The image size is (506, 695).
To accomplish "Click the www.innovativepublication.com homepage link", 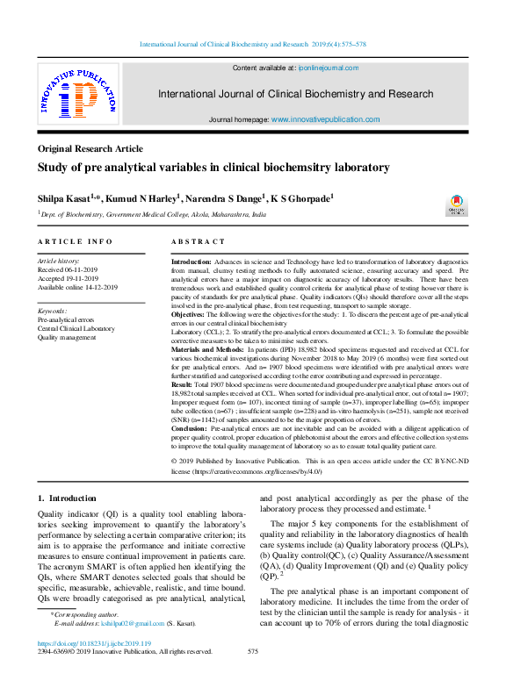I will pyautogui.click(x=325, y=119).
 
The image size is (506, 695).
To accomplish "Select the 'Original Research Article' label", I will pyautogui.click(x=90, y=149).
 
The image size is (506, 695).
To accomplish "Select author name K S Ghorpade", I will pyautogui.click(x=301, y=199).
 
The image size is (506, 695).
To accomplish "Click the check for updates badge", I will pyautogui.click(x=457, y=205).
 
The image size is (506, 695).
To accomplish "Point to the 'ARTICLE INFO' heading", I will pyautogui.click(x=75, y=241).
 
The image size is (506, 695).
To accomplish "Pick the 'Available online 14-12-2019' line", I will pyautogui.click(x=77, y=287).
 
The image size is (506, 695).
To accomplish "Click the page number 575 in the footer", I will pyautogui.click(x=253, y=651).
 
